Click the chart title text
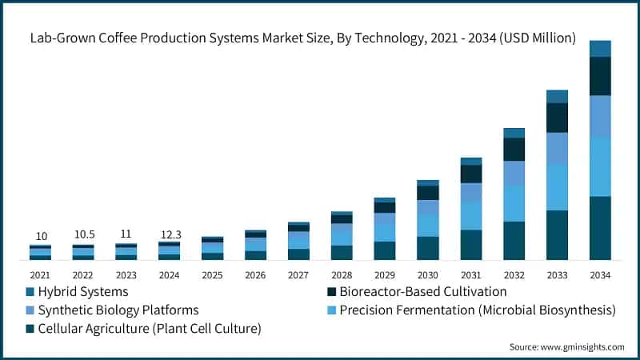coord(302,37)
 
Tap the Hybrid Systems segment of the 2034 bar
coord(600,49)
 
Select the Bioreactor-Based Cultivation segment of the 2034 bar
coord(600,76)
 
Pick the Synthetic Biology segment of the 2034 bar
coord(600,116)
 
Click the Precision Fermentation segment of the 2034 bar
coord(600,166)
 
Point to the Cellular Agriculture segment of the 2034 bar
coord(600,228)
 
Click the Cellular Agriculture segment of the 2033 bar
coord(557,235)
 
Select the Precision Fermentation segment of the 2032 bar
coord(514,203)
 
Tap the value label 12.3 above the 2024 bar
coord(170,234)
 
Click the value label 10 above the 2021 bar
coord(41,236)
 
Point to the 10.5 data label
coord(84,234)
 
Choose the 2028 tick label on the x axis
coord(342,274)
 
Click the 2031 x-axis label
coord(470,274)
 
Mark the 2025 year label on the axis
coord(213,274)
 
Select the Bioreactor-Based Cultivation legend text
coord(422,291)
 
